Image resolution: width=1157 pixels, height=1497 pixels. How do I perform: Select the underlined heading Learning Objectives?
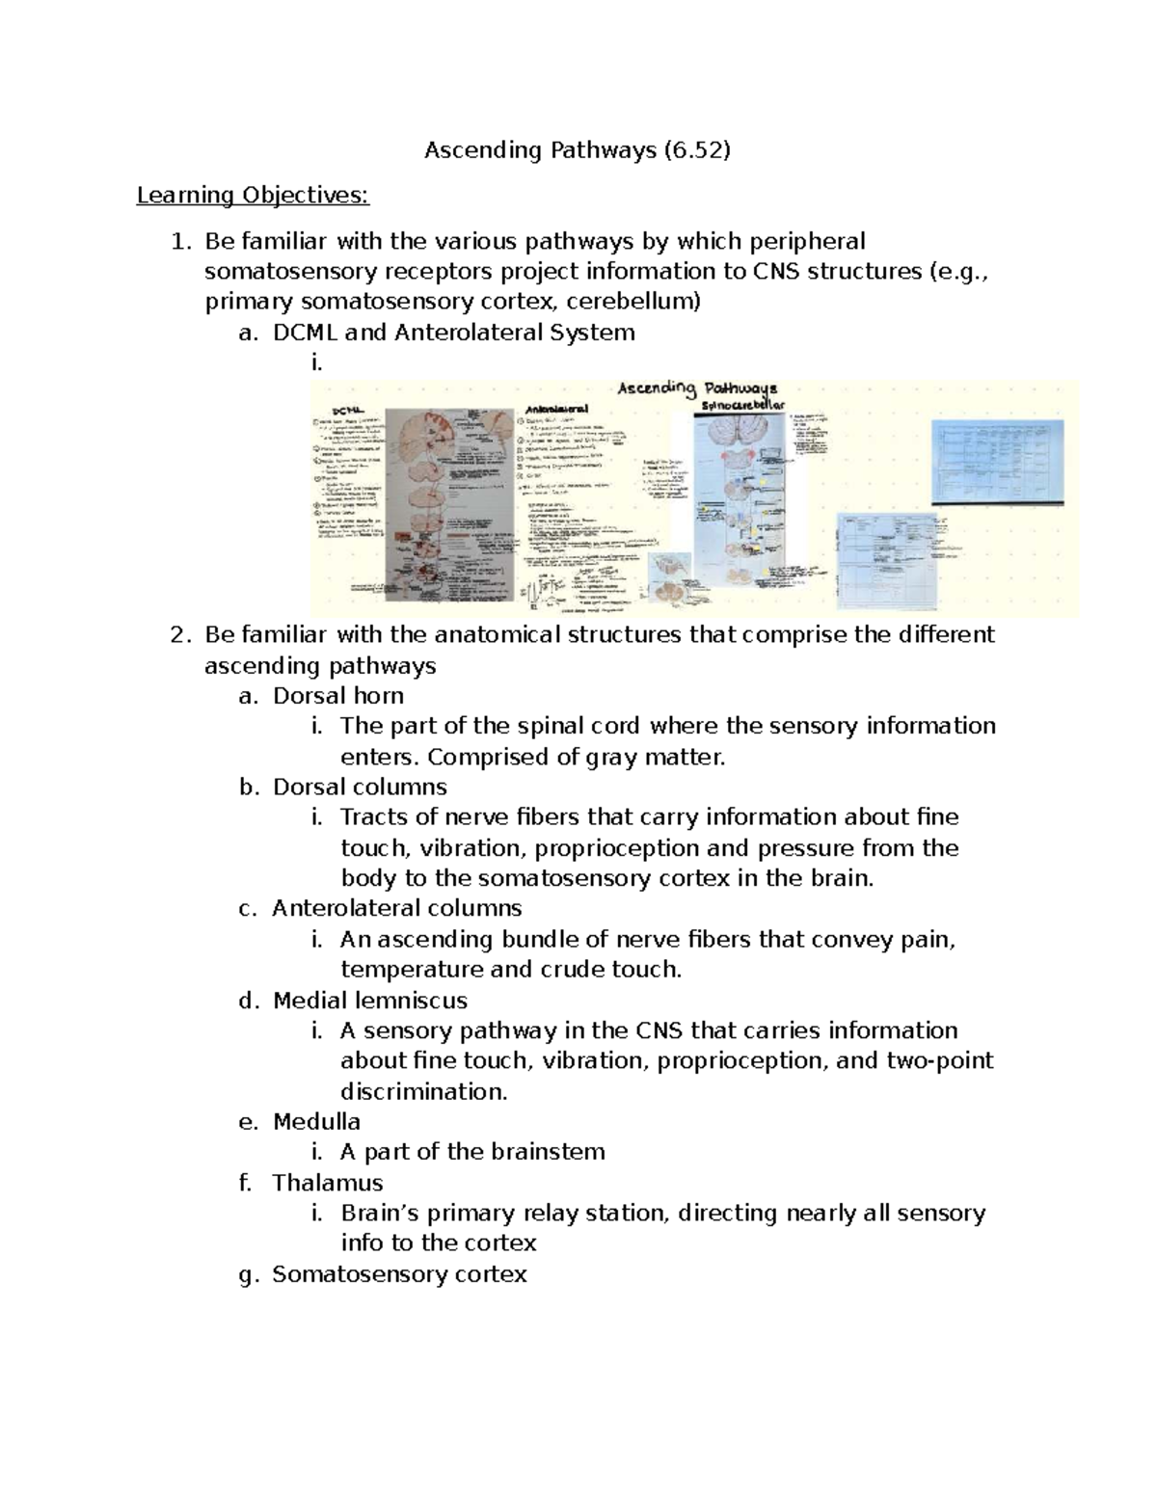click(253, 196)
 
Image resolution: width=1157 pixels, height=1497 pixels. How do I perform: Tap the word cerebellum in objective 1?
click(631, 302)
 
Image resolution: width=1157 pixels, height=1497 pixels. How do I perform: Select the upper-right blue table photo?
click(998, 461)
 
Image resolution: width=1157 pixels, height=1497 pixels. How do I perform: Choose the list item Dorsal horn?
click(337, 696)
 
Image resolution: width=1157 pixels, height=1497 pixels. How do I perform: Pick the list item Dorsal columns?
click(360, 787)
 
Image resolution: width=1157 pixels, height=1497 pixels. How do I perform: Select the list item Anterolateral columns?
click(396, 908)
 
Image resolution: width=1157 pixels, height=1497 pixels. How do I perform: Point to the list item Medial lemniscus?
click(369, 1000)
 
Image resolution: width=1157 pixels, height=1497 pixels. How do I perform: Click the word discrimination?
click(422, 1091)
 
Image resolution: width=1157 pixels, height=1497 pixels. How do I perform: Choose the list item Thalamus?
click(327, 1183)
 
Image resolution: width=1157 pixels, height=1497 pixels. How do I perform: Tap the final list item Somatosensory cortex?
click(399, 1274)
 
